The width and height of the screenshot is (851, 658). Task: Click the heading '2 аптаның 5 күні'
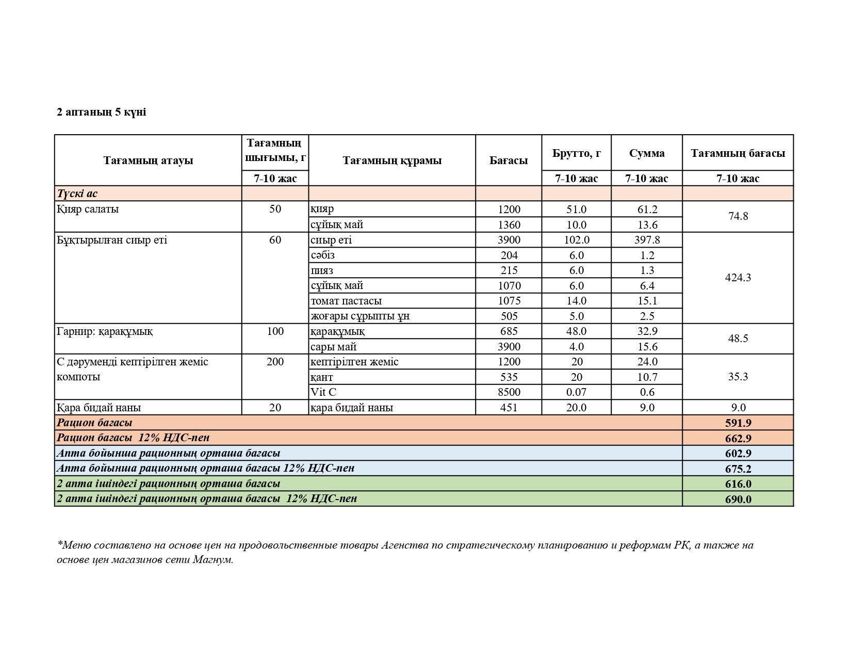(x=101, y=112)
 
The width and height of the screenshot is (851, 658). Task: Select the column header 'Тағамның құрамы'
(x=392, y=161)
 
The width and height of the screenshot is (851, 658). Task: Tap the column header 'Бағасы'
(x=509, y=161)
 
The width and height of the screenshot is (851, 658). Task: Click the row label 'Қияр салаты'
(x=88, y=209)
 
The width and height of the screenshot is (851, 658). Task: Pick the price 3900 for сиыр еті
(x=509, y=240)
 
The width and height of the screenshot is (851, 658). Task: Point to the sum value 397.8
(x=647, y=240)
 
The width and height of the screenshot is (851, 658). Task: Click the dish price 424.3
(x=738, y=278)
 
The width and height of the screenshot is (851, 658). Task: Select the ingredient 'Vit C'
(x=323, y=392)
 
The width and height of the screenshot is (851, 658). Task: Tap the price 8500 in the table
(x=509, y=392)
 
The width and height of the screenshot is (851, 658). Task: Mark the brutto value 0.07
(x=576, y=392)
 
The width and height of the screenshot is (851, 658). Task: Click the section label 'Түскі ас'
(x=77, y=194)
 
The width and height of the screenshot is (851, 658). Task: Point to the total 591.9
(x=738, y=423)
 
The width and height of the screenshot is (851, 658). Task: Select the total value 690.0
(x=738, y=499)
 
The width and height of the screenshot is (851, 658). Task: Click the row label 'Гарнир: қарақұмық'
(x=105, y=331)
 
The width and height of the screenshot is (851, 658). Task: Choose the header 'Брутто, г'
(x=576, y=153)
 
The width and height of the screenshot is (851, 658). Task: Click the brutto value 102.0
(x=576, y=240)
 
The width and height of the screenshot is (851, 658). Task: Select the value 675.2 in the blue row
(x=738, y=469)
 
